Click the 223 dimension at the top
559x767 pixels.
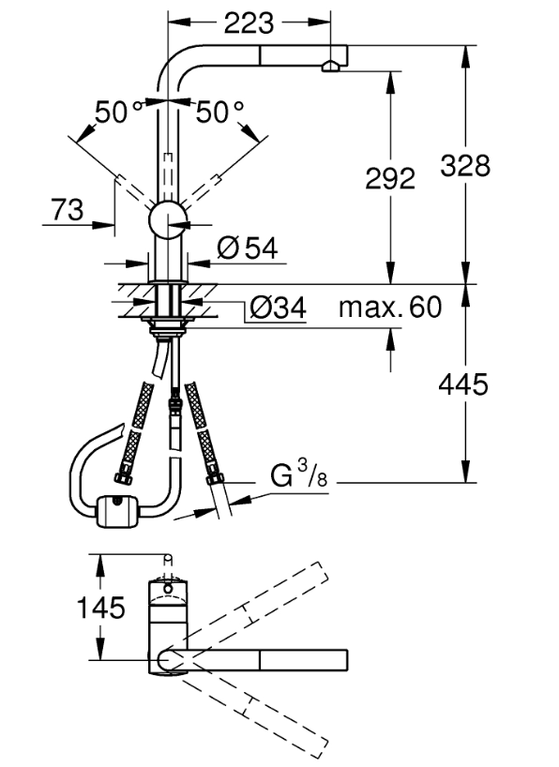click(249, 23)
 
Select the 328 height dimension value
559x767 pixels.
click(465, 165)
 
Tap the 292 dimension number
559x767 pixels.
click(390, 178)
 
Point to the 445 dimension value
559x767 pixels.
click(463, 384)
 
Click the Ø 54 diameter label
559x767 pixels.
click(248, 248)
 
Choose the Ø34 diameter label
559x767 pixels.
click(278, 308)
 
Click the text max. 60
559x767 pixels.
click(390, 308)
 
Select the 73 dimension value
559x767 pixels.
click(68, 210)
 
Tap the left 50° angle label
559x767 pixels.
click(118, 112)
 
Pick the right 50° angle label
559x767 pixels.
click(219, 112)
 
